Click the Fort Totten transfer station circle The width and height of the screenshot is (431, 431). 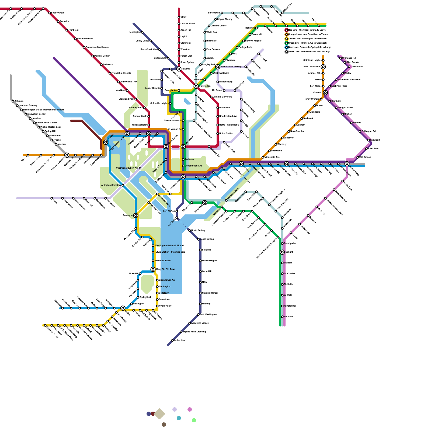(196, 86)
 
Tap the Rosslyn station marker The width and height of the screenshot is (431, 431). (106, 142)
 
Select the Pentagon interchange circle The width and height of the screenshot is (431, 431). (136, 215)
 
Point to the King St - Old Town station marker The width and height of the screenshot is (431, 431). (153, 269)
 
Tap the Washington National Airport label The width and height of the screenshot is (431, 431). (169, 245)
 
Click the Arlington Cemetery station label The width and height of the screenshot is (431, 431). (111, 185)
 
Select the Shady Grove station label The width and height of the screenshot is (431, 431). (58, 13)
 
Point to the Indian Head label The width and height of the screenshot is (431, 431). (180, 340)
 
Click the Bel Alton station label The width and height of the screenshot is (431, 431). (289, 317)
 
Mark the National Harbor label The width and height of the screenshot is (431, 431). (210, 293)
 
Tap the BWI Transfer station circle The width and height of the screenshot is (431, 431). (323, 67)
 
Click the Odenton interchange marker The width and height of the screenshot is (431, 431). (325, 93)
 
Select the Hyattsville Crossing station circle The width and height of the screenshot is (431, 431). (218, 67)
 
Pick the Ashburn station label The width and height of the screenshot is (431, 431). (19, 101)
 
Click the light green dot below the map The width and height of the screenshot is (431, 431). (194, 420)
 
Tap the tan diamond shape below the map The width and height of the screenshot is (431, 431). (159, 414)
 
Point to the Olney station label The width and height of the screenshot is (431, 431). (183, 17)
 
